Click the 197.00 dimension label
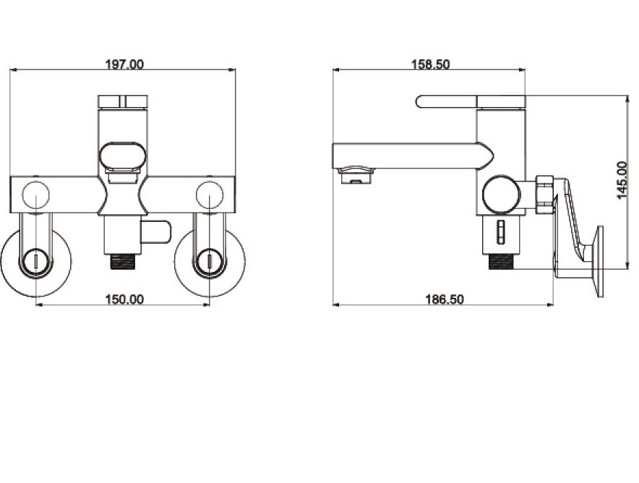tap(124, 64)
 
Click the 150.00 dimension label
tap(124, 299)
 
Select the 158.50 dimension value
tap(430, 64)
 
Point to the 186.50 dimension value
tap(445, 299)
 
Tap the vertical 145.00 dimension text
tap(622, 180)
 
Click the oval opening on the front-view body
tap(123, 155)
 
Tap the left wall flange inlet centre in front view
tap(36, 262)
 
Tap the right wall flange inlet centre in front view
tap(210, 262)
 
